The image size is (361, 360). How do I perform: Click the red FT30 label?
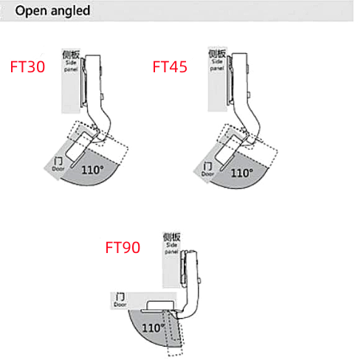pyautogui.click(x=28, y=66)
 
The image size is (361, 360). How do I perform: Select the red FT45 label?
pyautogui.click(x=170, y=66)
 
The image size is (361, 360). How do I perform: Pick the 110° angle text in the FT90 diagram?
pyautogui.click(x=153, y=327)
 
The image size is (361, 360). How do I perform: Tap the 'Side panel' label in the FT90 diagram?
pyautogui.click(x=171, y=244)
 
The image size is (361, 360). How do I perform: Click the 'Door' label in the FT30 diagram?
pyautogui.click(x=58, y=164)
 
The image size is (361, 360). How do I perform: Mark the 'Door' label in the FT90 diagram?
pyautogui.click(x=120, y=300)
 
